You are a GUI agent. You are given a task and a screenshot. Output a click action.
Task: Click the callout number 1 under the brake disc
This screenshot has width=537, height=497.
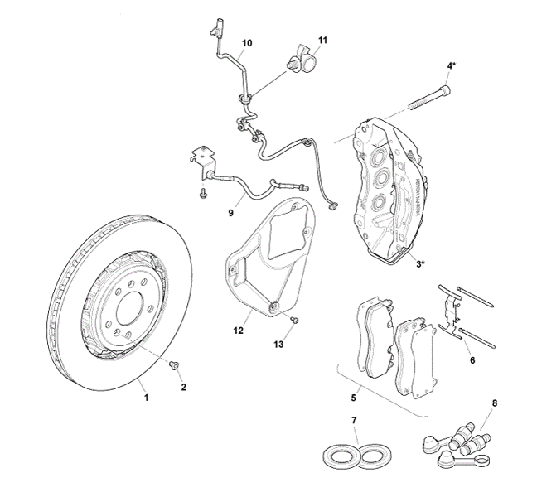click(147, 398)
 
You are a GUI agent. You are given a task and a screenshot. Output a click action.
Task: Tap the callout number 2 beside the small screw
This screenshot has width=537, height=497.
click(183, 387)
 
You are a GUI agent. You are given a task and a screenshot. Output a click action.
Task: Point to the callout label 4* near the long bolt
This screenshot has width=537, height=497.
click(451, 65)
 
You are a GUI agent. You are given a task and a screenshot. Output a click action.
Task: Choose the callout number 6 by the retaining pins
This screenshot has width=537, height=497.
click(472, 361)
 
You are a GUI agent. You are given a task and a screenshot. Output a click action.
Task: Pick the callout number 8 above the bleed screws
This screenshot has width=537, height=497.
click(495, 403)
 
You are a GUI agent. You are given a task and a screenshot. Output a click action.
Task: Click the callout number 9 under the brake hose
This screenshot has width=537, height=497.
click(231, 213)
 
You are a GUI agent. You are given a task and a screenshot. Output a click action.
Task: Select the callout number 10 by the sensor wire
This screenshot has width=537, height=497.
click(247, 42)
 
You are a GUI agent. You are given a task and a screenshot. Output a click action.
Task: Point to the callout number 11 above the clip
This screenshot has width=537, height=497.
click(322, 40)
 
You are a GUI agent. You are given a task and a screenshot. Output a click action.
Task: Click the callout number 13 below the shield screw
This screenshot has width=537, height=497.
click(279, 344)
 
